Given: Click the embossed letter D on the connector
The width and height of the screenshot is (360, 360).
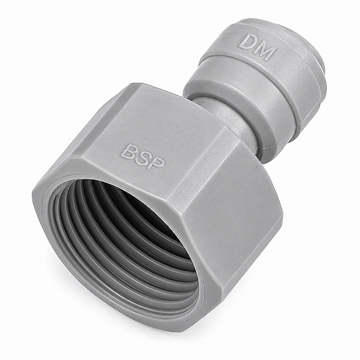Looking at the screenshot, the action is coord(247,42).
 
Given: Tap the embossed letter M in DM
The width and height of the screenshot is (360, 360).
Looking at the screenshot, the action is coord(265,51).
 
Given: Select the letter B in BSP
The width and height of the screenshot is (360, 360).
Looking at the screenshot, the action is coord(128,151).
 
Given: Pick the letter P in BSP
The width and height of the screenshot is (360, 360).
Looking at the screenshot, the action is coord(157,163).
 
